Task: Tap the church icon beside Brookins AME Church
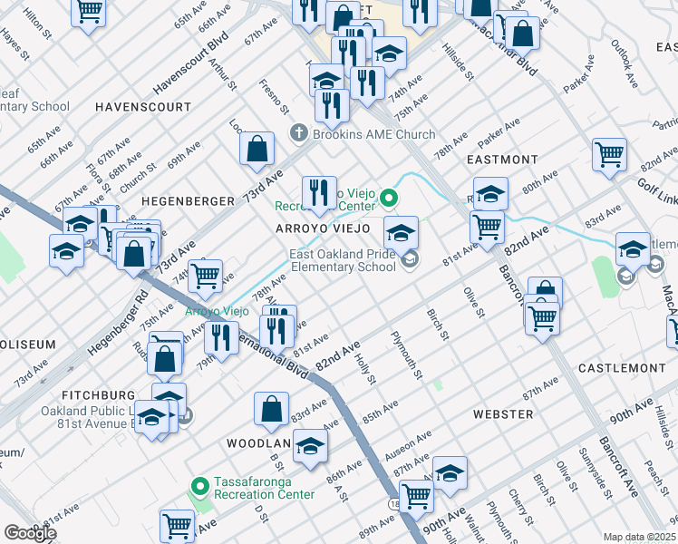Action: pos(300,134)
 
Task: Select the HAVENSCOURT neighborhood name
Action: pos(144,107)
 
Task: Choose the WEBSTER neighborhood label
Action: pos(503,413)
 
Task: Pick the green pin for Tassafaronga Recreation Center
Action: pos(199,488)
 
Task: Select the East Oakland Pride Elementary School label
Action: pos(344,261)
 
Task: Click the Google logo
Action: pos(30,533)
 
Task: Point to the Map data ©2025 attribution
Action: pos(640,537)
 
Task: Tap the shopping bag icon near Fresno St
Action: pos(257,148)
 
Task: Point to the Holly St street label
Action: pos(366,369)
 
